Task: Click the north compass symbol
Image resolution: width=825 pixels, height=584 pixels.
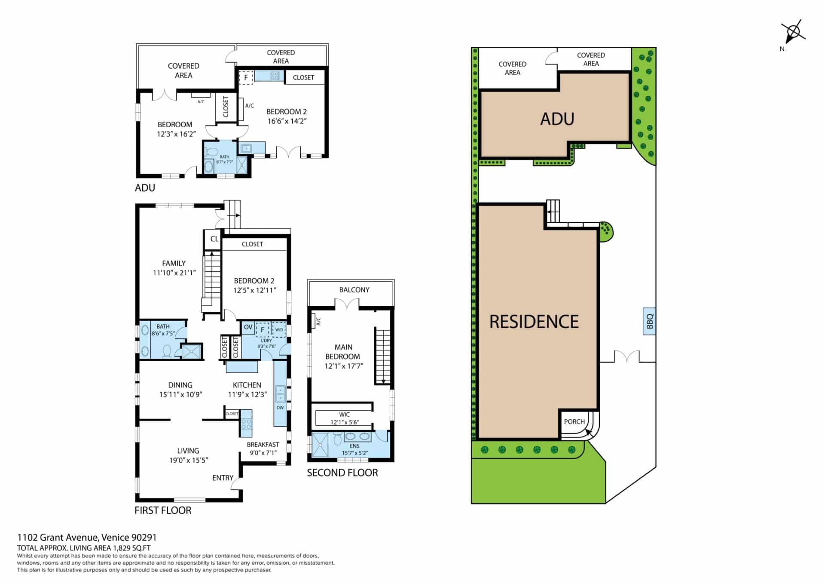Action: pos(793,32)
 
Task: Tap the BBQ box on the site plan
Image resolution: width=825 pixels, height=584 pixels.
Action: pos(649,321)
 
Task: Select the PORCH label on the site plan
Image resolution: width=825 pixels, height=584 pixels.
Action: pos(574,421)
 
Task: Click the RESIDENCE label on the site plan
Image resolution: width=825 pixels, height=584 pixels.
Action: pos(534,322)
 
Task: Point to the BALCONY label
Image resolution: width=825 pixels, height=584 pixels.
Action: pos(354,290)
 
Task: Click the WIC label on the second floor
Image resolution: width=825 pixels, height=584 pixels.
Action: pos(344,415)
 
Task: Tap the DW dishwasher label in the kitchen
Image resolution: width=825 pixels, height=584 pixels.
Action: pos(280,408)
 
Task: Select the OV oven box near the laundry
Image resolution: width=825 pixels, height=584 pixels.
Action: pos(248,328)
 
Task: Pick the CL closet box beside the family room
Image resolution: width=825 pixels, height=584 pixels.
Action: pos(214,239)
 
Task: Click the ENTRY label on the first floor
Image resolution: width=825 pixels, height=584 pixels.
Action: pos(223,478)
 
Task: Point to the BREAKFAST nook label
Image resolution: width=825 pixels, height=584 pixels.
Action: pos(263,445)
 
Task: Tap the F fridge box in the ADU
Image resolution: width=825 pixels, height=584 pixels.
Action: pos(246,77)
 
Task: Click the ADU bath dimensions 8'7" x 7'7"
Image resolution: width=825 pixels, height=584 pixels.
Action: pos(224,162)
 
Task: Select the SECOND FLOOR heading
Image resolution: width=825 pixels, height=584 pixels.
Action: pos(342,473)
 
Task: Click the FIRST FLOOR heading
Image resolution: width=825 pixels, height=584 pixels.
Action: pos(163,510)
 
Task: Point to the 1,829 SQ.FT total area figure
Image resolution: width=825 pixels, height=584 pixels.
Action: pos(131,548)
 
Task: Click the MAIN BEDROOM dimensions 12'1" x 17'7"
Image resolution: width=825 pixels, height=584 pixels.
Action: pos(344,366)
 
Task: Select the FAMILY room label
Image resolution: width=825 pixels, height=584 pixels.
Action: pos(174,263)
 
